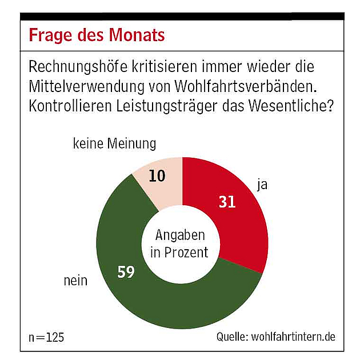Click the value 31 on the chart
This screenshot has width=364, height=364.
pyautogui.click(x=227, y=201)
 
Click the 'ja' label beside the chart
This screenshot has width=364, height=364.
pyautogui.click(x=261, y=185)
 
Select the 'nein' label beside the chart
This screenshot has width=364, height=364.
pyautogui.click(x=75, y=281)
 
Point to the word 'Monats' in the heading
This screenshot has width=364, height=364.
pyautogui.click(x=138, y=35)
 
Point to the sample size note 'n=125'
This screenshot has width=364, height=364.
pyautogui.click(x=46, y=337)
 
